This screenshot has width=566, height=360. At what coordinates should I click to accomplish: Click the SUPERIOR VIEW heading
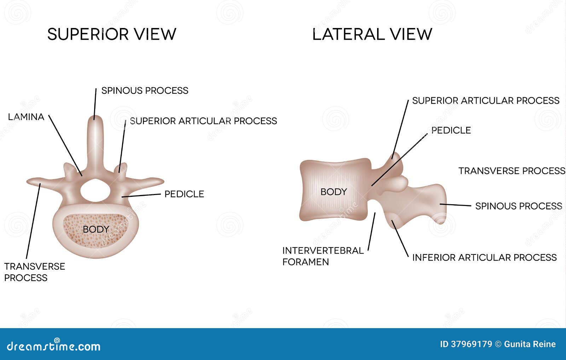(112, 34)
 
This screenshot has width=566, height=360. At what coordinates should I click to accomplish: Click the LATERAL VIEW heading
(372, 34)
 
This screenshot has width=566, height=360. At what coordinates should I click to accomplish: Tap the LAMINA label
(26, 117)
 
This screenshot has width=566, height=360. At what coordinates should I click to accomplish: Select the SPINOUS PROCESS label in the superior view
(145, 91)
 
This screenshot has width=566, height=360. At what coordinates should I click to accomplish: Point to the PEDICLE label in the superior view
(184, 194)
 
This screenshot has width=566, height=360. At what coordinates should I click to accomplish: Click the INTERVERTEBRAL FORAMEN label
(323, 256)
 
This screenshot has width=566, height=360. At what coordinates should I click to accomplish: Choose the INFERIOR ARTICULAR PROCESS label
(484, 257)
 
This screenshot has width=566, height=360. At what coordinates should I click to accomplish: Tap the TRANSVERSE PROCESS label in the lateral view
(512, 171)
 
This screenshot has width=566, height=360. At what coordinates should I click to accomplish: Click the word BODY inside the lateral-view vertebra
(334, 192)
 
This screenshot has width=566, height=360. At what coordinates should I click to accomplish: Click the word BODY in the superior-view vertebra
(96, 229)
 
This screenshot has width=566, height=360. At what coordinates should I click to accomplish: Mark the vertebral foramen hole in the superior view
(96, 190)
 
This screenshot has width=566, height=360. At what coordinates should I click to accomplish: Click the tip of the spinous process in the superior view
(95, 116)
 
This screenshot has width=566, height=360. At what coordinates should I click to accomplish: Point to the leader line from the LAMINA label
(65, 145)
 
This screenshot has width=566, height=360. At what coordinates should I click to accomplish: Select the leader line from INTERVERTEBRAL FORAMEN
(371, 231)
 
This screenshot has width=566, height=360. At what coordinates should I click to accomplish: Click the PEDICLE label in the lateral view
(451, 130)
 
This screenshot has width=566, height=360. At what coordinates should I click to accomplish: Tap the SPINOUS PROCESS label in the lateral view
(519, 206)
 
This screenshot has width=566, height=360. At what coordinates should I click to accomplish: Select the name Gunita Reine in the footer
(530, 344)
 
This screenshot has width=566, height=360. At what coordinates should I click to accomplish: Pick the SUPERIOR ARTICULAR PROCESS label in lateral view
(486, 101)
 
